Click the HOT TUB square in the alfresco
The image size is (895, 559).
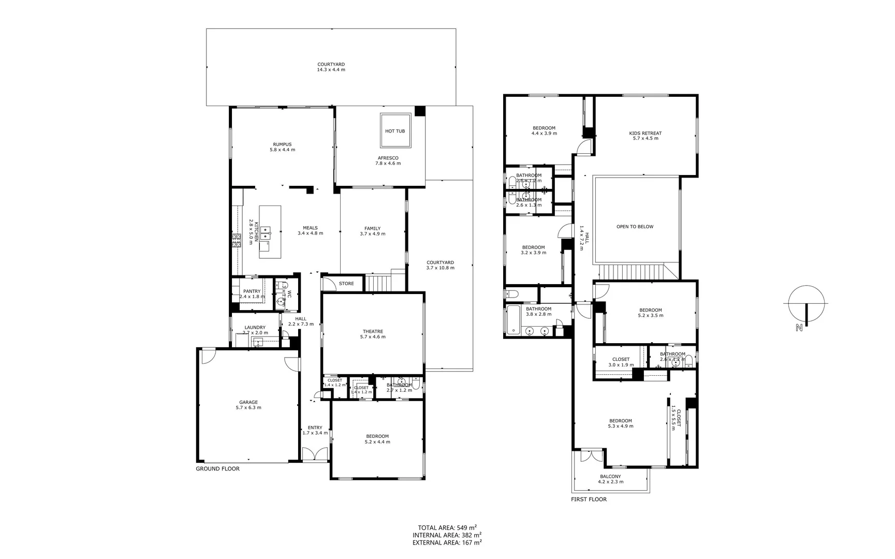(395, 130)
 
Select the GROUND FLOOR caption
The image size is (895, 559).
(217, 469)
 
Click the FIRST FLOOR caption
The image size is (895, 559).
(589, 499)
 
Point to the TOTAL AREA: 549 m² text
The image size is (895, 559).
(447, 527)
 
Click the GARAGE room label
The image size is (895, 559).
(248, 402)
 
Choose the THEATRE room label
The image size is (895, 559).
(373, 331)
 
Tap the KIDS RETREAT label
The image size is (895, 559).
(645, 133)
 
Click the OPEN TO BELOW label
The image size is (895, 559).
(635, 227)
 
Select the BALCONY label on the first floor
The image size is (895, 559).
(610, 477)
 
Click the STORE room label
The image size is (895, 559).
(346, 284)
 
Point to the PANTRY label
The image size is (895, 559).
(252, 291)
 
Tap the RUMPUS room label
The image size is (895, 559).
(282, 144)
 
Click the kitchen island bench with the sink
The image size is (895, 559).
(270, 232)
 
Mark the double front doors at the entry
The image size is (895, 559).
(315, 454)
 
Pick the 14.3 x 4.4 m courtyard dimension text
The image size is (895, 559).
(331, 70)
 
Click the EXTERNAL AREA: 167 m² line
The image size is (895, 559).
(447, 543)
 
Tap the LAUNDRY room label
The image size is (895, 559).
(255, 327)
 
